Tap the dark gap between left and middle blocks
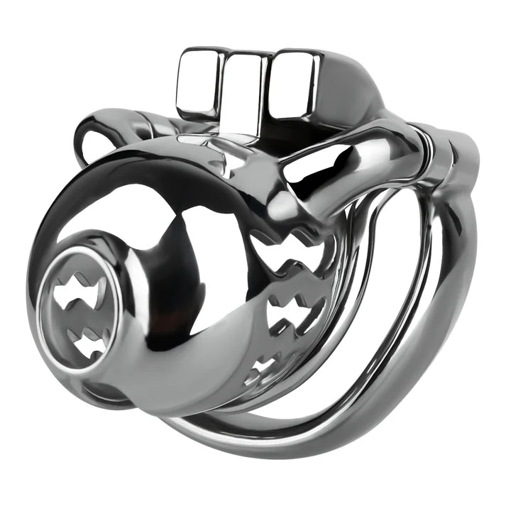(221, 89)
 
